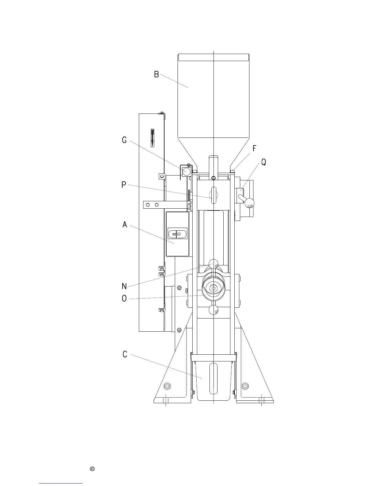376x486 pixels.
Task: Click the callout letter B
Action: (x=156, y=74)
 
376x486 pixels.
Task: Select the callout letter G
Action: (x=124, y=140)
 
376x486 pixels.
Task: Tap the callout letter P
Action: (x=123, y=185)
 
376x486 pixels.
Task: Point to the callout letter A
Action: (x=124, y=225)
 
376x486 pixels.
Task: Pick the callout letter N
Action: (x=124, y=286)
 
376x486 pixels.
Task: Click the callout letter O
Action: (x=124, y=298)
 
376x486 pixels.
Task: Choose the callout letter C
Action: (x=124, y=354)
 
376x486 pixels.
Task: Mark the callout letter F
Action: (x=254, y=148)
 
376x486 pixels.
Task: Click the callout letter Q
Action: (x=264, y=162)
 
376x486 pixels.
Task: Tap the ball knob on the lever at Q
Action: (x=249, y=203)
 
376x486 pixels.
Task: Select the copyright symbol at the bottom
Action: (x=92, y=469)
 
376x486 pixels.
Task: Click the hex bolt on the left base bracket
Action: (x=167, y=386)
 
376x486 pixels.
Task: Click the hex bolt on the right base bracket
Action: (x=245, y=386)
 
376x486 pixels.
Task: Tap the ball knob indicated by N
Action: (x=213, y=264)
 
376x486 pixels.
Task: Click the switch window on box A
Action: (x=177, y=234)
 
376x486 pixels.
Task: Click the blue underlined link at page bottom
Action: (x=61, y=483)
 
